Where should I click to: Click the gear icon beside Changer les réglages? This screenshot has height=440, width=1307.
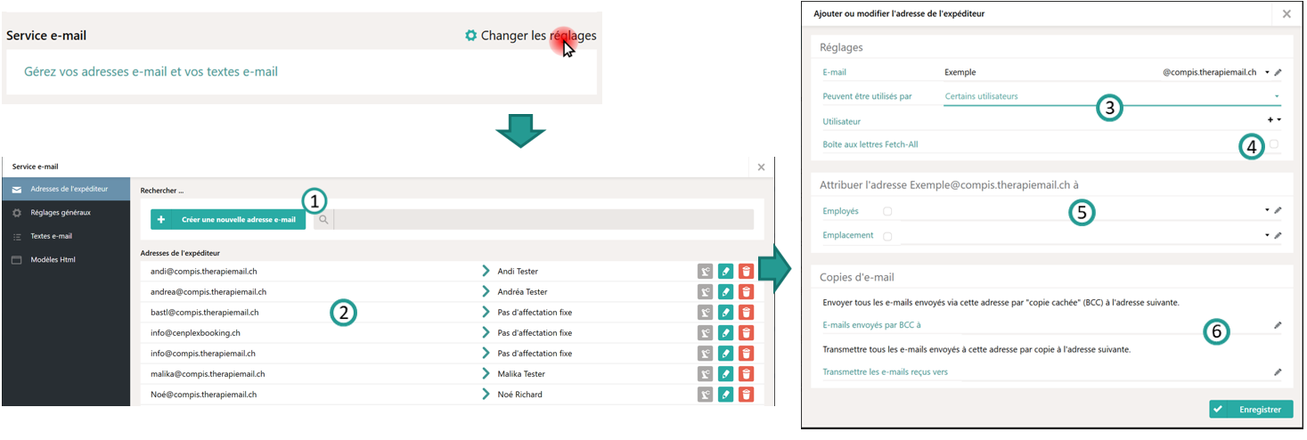pos(470,36)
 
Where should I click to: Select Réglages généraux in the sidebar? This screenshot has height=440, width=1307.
pos(60,213)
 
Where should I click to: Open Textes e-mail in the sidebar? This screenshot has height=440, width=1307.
pos(51,236)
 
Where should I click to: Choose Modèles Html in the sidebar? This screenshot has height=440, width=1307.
pos(53,260)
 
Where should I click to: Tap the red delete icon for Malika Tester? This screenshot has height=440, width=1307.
pos(747,374)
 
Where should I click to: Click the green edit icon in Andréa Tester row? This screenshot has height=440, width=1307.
pos(725,292)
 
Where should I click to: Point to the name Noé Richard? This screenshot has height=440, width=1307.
pos(519,395)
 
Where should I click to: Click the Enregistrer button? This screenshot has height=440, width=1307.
pos(1251,410)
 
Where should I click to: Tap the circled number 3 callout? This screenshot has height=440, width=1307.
pos(1107,108)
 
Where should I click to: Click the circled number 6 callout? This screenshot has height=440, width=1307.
pos(1216,331)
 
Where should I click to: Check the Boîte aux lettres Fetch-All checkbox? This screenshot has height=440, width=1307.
pos(1274,144)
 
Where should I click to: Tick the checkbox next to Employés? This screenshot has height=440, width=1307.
pos(886,211)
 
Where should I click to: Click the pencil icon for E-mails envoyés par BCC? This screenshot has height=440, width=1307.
pos(1278,326)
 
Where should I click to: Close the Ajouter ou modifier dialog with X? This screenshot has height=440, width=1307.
pos(1287,14)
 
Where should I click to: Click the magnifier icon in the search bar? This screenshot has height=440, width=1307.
pos(323,219)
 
